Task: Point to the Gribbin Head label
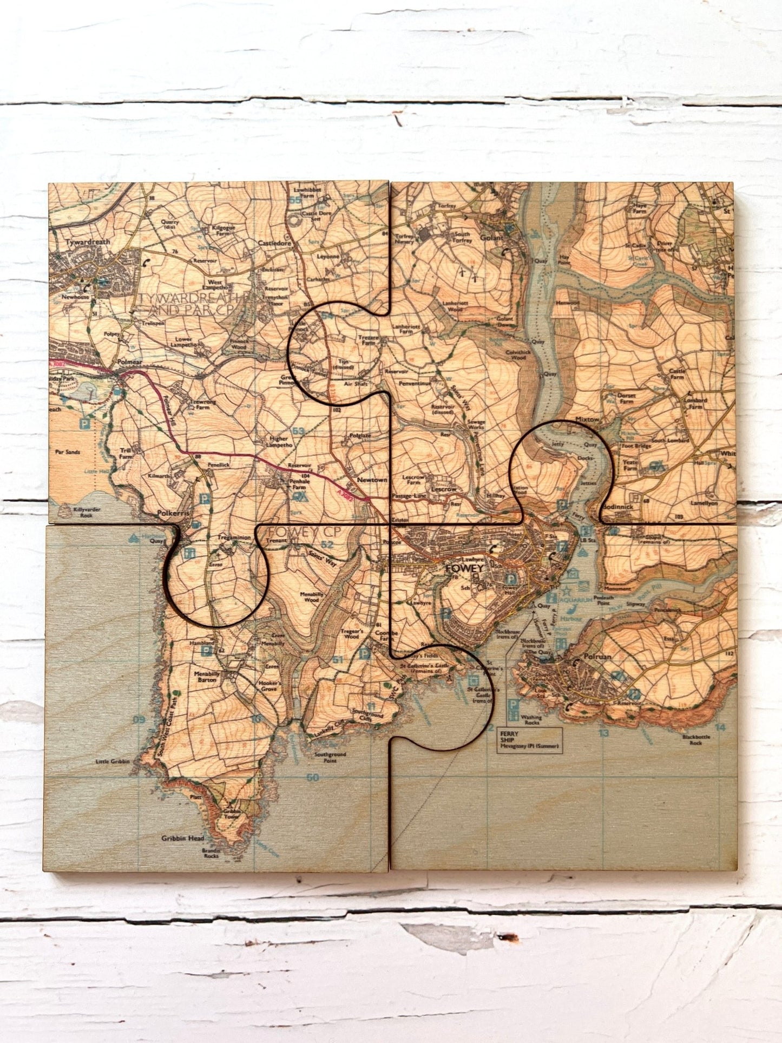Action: (x=182, y=838)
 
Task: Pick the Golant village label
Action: (x=491, y=238)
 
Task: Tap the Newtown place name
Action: (x=372, y=480)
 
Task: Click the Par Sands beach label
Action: (x=68, y=452)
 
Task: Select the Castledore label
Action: (x=274, y=244)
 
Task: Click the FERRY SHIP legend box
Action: (x=529, y=740)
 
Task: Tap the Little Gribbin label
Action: (x=113, y=761)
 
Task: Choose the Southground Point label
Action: (x=330, y=757)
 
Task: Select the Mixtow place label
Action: (x=587, y=419)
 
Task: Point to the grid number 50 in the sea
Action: (x=312, y=778)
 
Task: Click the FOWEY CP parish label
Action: (x=304, y=532)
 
